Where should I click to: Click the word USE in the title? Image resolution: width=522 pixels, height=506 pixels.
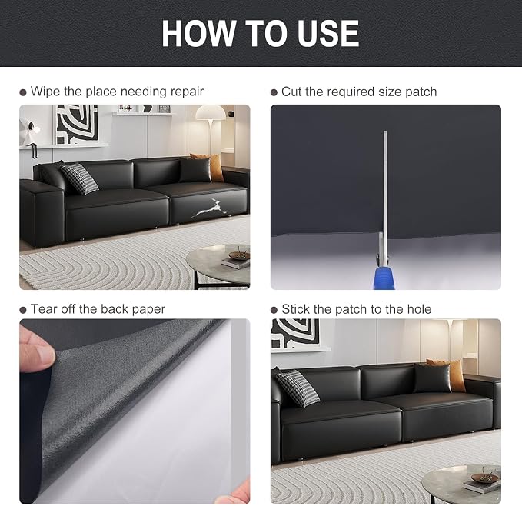328,33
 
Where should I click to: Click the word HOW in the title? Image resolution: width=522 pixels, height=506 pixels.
198,33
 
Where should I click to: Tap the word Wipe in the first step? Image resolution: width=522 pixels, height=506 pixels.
45,92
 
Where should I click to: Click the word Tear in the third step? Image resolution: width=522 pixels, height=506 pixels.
43,309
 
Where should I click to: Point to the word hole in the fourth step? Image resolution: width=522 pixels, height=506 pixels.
419,309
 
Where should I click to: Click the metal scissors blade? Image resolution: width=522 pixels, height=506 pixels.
385,186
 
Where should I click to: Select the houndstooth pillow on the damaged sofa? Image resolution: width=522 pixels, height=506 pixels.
79,178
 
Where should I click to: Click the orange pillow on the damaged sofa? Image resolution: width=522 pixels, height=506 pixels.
213,166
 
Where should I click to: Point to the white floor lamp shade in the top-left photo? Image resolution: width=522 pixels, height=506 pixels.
211,112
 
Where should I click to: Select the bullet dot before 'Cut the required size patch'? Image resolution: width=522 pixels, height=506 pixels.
274,92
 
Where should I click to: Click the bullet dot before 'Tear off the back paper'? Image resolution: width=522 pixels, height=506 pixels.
23,310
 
